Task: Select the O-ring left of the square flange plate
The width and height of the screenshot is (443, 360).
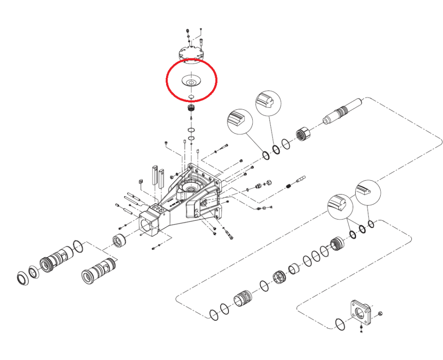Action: click(x=340, y=324)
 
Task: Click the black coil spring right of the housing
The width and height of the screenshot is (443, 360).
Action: click(x=289, y=186)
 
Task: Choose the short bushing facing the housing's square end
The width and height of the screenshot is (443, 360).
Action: click(x=119, y=240)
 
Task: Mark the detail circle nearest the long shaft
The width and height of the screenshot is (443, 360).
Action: click(x=268, y=104)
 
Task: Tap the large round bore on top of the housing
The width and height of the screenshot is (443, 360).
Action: click(x=190, y=187)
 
